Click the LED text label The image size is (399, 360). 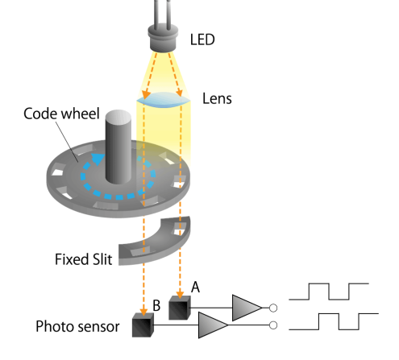[x=202, y=39]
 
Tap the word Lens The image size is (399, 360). [x=217, y=98]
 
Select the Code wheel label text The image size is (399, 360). [x=61, y=114]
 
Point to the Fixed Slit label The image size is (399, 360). [x=84, y=259]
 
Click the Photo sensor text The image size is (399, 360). [x=77, y=327]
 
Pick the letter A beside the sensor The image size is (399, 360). [x=195, y=288]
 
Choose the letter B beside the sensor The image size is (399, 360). [x=156, y=305]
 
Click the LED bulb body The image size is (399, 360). [x=163, y=38]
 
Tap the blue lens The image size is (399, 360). [x=164, y=100]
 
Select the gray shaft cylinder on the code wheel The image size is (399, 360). [x=118, y=147]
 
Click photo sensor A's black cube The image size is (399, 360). [x=180, y=308]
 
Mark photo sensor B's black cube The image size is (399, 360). [x=143, y=325]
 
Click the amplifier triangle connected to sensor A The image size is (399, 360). [x=247, y=308]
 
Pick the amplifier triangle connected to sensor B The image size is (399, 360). [x=213, y=325]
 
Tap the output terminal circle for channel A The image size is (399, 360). [x=273, y=308]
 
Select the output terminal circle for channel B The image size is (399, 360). [x=273, y=325]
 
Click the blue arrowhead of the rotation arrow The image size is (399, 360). [x=98, y=159]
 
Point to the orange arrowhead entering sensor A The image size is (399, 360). [x=180, y=295]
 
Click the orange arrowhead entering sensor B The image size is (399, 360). [x=143, y=312]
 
